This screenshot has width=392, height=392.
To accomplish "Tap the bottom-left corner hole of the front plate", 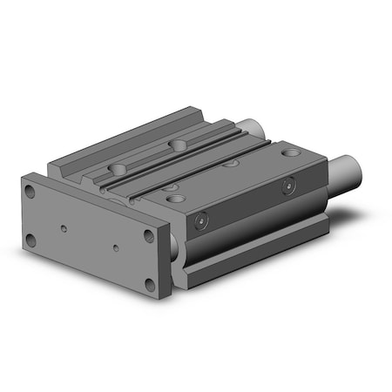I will [x=33, y=238].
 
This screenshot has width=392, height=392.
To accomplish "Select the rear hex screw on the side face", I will [x=287, y=184].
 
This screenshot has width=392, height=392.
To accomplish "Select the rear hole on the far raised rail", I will [x=179, y=144].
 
